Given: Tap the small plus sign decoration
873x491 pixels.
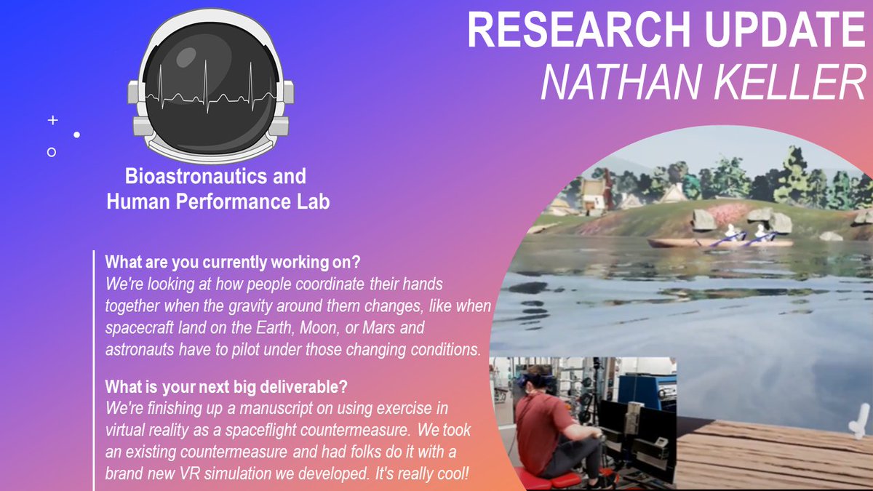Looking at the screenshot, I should point(52,120).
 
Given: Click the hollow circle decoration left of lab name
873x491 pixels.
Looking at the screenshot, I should point(51,152).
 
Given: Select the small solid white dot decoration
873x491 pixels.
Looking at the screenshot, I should point(76,135).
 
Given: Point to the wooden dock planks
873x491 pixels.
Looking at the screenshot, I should point(764,455).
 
